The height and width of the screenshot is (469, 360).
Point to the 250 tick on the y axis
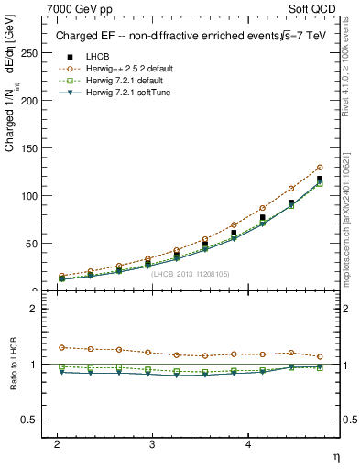tap(33, 53)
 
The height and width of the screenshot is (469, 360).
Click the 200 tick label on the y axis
tap(33, 101)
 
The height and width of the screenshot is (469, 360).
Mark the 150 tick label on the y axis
tap(33, 148)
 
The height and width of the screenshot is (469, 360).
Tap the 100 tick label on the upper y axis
tap(33, 196)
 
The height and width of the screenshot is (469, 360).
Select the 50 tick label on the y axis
tap(36, 244)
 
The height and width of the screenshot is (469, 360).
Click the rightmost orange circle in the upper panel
tap(320, 168)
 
